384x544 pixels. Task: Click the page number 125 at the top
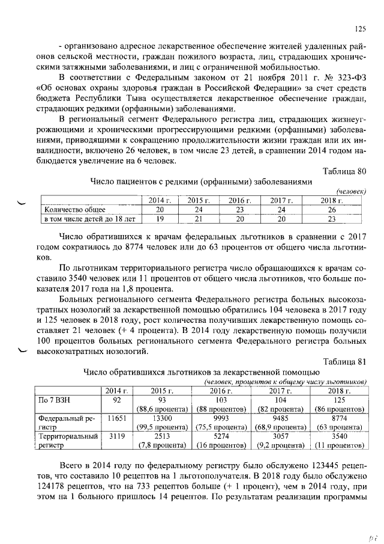click(360, 28)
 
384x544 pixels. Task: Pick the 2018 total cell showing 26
click(329, 210)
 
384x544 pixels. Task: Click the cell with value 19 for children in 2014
click(160, 219)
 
